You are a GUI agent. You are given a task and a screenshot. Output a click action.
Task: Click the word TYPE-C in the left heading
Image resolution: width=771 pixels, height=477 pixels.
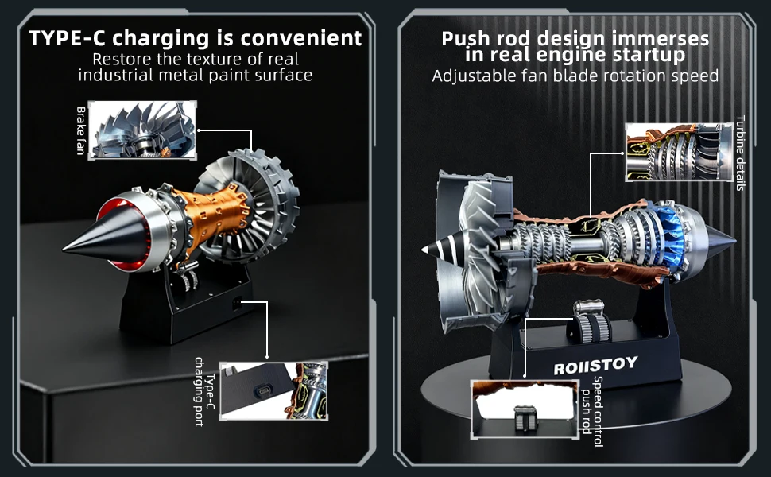66,37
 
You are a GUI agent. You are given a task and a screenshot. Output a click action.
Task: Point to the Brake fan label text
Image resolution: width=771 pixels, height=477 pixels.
80,130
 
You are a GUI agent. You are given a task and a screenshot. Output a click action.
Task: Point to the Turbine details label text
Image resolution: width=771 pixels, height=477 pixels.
739,153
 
